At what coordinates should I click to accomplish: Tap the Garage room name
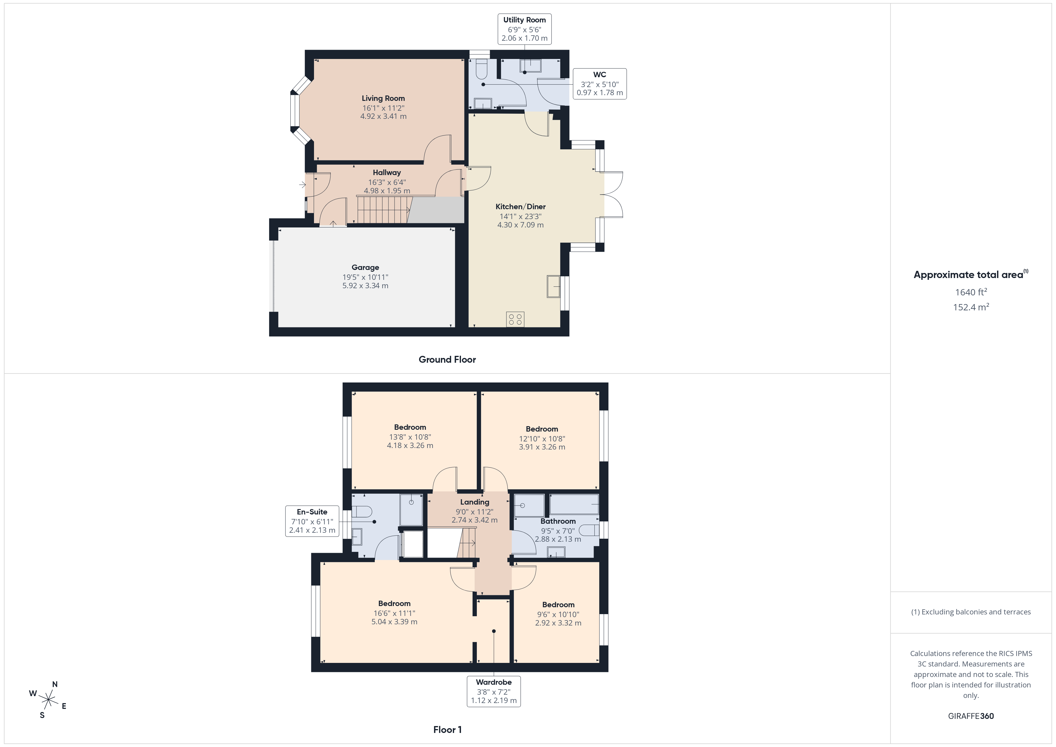(x=365, y=267)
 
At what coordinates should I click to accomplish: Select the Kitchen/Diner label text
(x=520, y=207)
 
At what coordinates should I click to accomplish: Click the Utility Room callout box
(x=524, y=29)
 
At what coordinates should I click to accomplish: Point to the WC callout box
(x=599, y=84)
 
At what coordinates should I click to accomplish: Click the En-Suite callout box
(x=312, y=521)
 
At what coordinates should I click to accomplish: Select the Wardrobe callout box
(x=494, y=691)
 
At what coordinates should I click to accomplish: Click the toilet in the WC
(x=481, y=69)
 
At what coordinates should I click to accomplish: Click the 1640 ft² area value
(x=970, y=292)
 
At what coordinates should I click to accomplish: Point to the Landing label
(x=475, y=502)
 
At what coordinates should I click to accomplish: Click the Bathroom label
(x=558, y=521)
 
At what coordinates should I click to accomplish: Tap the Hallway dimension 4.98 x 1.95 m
(x=387, y=190)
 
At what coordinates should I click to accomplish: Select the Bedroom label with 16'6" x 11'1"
(x=394, y=603)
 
